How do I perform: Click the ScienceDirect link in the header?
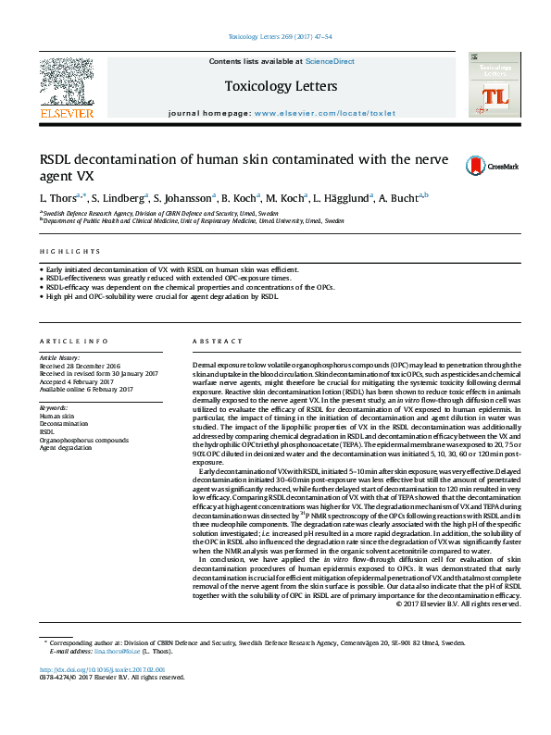tap(331, 61)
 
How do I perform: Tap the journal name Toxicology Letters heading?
tap(273, 86)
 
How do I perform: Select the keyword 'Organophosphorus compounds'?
tap(83, 440)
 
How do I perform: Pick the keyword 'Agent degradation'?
tap(66, 447)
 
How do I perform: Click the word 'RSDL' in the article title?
tap(59, 159)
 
